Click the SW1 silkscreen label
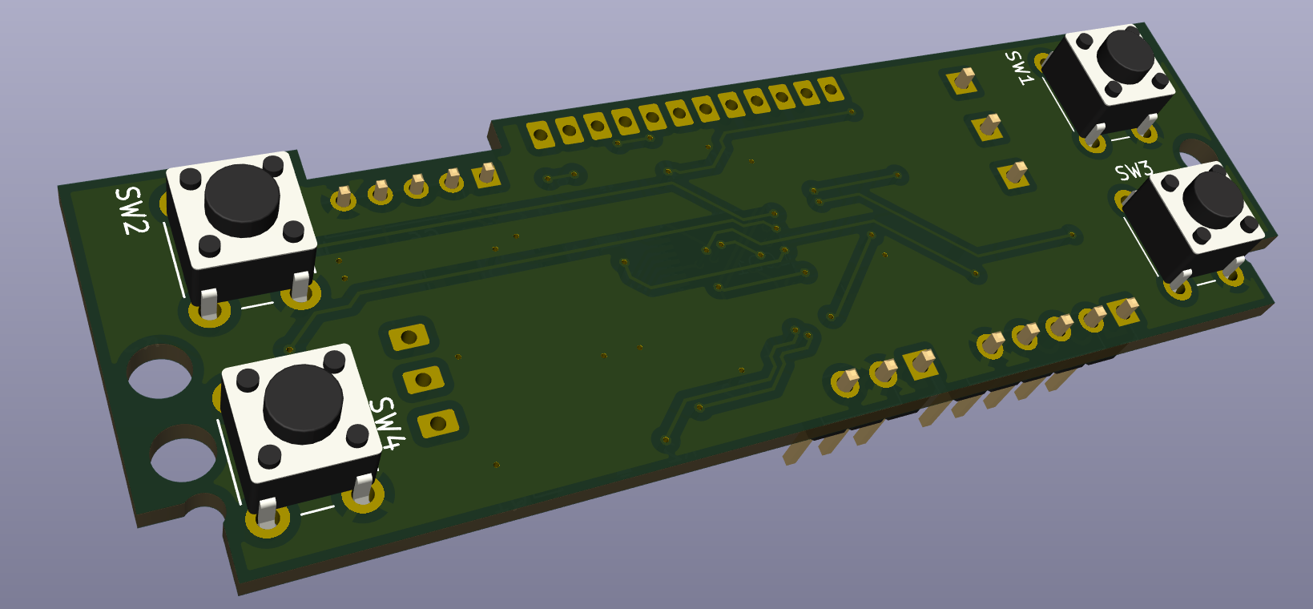1020,67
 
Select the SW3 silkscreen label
1133,171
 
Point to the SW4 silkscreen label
388,423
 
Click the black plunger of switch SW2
241,200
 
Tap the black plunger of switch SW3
1212,200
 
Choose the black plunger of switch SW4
303,405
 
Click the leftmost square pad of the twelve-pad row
541,135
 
